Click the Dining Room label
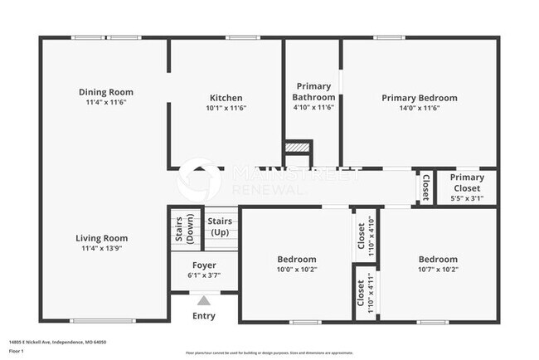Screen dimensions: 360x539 point(105,92)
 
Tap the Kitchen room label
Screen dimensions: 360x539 point(226,97)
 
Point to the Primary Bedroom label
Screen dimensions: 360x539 point(419,97)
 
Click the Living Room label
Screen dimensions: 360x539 point(103,238)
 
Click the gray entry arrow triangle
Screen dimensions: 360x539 point(203,300)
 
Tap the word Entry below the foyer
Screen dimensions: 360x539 point(203,315)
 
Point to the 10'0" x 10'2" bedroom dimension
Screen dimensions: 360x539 point(296,269)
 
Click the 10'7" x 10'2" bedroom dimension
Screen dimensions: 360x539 point(437,269)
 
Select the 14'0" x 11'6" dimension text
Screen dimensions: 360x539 point(419,108)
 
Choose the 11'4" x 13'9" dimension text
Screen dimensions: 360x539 point(103,248)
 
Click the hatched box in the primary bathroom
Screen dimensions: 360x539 point(296,147)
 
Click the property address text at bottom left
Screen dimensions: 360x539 point(57,342)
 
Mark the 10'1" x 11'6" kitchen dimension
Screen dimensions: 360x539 point(226,108)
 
